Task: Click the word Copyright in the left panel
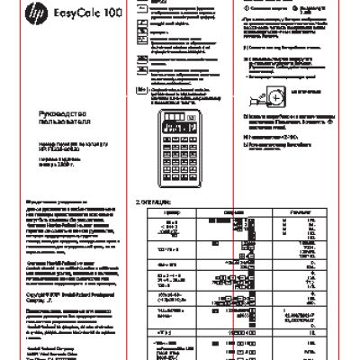tap(35, 292)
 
